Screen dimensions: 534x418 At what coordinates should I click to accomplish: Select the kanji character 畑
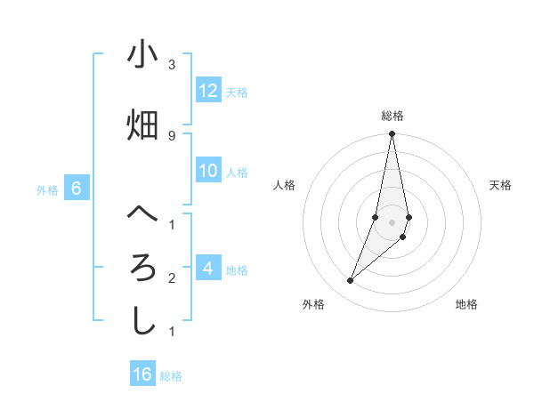(142, 125)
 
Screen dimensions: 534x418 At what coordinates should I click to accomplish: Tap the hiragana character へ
(142, 213)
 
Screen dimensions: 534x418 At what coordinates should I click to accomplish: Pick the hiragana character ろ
(142, 267)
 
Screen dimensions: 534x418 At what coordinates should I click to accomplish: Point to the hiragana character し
(142, 320)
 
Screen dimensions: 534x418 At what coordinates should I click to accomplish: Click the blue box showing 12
(208, 91)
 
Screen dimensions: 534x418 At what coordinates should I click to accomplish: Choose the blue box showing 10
(208, 171)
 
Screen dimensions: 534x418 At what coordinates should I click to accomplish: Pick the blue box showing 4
(208, 268)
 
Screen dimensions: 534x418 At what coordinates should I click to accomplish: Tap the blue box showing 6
(77, 189)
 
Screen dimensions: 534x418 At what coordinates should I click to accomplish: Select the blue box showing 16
(142, 374)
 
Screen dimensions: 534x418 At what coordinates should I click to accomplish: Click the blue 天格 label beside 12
(237, 92)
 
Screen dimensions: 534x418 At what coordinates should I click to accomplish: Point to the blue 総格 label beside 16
(171, 376)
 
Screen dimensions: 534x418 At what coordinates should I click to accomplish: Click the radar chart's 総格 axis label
(392, 116)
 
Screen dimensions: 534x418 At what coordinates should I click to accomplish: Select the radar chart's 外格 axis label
(313, 304)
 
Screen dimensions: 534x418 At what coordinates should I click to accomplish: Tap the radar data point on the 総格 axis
(392, 134)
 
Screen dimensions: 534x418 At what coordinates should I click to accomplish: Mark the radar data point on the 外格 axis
(350, 281)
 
